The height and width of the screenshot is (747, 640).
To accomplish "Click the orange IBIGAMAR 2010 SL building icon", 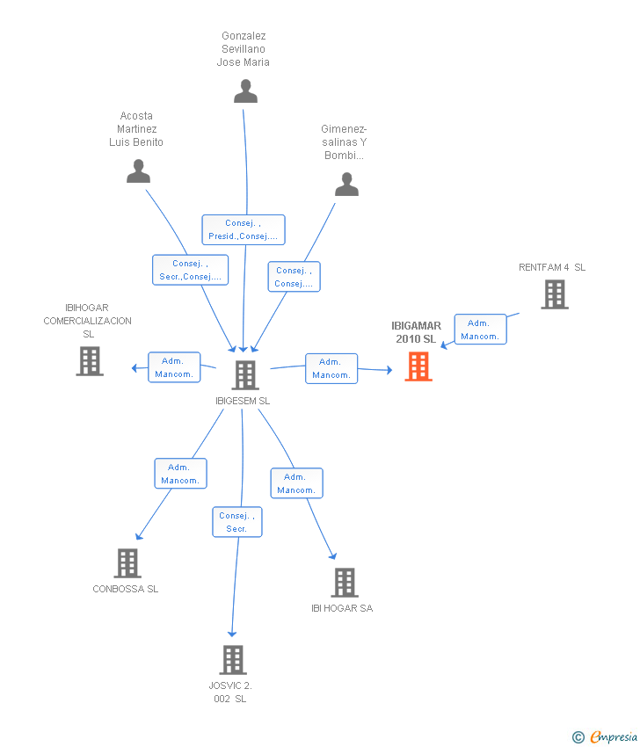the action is coord(418,366).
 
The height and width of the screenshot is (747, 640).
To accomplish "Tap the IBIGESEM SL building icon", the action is coord(245,375).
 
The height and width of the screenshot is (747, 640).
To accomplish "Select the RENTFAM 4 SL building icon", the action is coord(555,294).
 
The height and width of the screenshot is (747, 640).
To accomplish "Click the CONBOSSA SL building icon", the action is coord(127,563).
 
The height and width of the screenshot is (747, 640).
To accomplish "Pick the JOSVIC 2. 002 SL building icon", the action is coord(233,660).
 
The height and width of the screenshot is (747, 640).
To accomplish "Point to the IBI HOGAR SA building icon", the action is coord(345,582).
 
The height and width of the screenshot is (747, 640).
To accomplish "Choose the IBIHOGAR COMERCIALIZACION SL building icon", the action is coord(90,361).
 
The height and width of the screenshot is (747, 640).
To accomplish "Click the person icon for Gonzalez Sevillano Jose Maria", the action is coord(245,91).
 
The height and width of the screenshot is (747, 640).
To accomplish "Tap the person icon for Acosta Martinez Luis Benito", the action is coord(138,171).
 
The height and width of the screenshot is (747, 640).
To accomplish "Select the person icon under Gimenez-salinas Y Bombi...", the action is coord(346,185).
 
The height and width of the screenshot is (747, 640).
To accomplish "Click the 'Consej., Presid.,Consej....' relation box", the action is coord(244,229).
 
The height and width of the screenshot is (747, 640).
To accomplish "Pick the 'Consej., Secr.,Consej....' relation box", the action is coord(190,270).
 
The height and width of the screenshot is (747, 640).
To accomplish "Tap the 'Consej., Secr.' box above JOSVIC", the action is coord(237,522).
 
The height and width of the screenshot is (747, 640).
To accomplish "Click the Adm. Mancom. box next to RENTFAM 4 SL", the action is coord(480,330).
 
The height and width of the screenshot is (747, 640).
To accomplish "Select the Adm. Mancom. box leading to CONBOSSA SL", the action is coord(180,474).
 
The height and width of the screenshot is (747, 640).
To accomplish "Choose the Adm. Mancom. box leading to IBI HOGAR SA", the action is coord(297,483).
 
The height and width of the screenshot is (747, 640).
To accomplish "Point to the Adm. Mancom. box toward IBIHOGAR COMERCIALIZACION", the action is coord(174,367).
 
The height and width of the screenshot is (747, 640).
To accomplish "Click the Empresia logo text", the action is coord(615,736).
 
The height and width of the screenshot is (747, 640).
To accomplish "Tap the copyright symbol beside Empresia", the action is coord(578,737).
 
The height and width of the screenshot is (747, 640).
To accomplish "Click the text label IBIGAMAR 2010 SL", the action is coord(416,332).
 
